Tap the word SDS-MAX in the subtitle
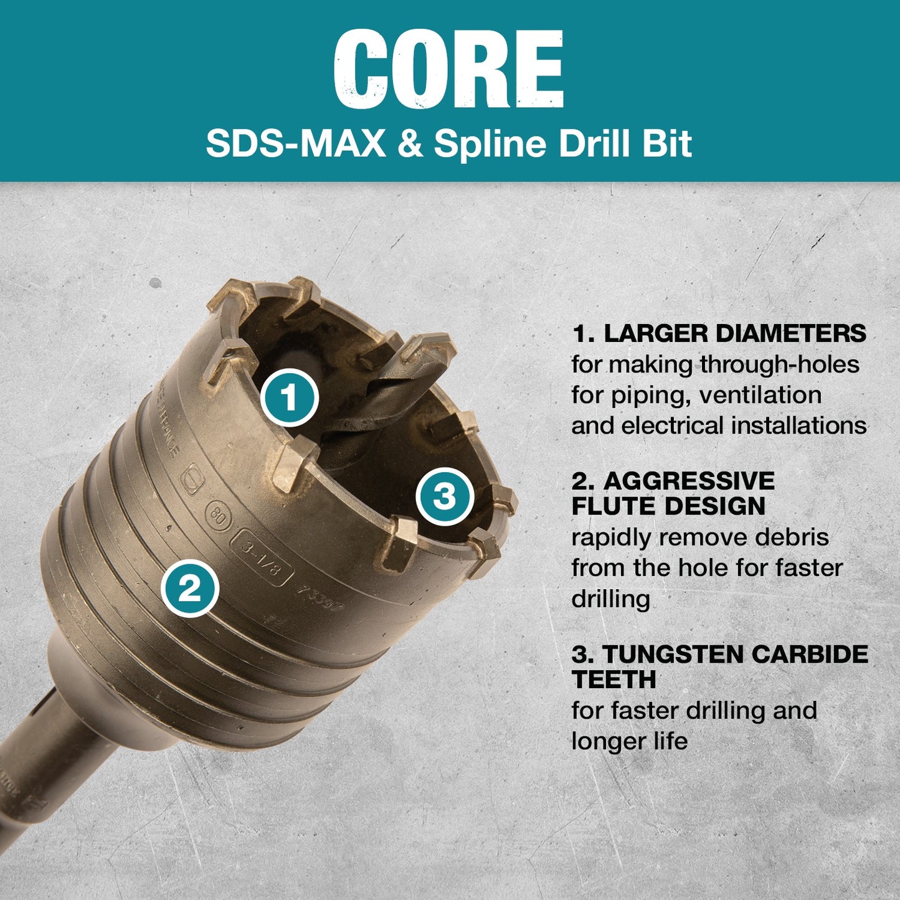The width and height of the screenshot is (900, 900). tap(296, 144)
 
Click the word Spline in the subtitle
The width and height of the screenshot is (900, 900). tap(489, 144)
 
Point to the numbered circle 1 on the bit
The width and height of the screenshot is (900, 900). tap(289, 398)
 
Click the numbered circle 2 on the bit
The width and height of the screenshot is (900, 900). tap(190, 587)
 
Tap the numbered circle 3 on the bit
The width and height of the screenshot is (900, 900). tap(445, 497)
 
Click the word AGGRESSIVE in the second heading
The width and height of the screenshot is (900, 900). tap(689, 481)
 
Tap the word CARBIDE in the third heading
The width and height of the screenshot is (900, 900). tap(810, 654)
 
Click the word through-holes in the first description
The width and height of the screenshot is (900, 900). tap(780, 364)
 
